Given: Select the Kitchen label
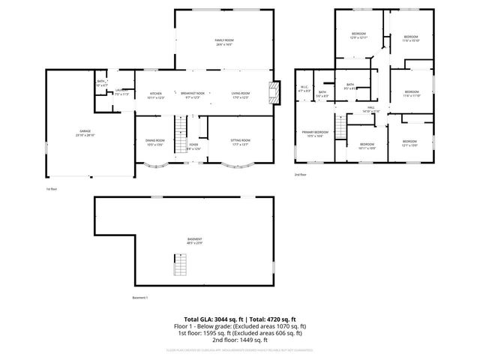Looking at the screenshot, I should [156, 95].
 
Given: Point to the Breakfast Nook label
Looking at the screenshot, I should [194, 95].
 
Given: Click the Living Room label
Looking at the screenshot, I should [240, 95].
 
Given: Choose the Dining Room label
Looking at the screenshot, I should [155, 142].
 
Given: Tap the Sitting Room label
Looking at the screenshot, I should [240, 142].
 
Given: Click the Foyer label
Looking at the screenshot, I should [193, 146].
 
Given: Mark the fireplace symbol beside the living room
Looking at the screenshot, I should [274, 92].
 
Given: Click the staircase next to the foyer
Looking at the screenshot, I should [180, 133].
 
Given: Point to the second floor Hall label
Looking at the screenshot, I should [370, 109].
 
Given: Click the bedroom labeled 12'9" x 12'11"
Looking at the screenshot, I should [358, 36].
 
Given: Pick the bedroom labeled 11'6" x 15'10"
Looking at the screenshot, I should [410, 38].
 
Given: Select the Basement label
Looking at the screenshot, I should [195, 241].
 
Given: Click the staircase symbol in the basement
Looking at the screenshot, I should [180, 264].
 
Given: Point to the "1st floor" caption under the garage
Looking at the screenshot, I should [52, 189].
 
